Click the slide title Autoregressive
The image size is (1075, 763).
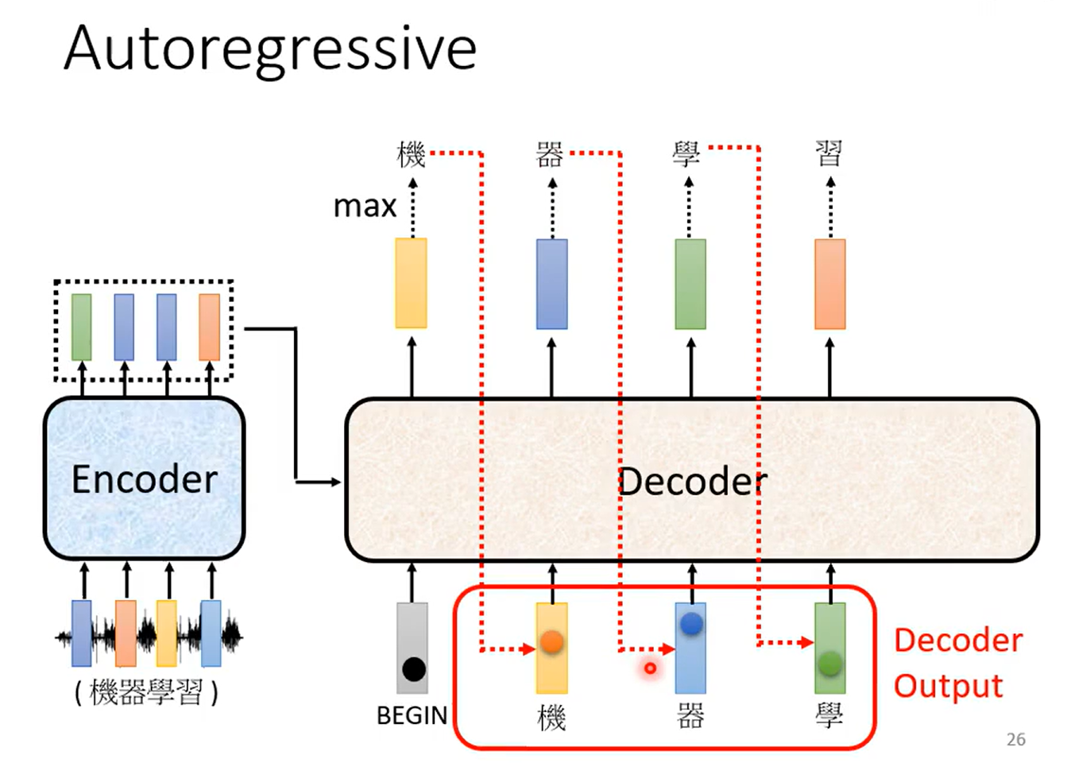click(270, 49)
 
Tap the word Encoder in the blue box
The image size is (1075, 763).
click(145, 479)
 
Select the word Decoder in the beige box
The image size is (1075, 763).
click(692, 482)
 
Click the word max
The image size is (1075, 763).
click(365, 206)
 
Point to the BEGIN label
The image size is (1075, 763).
click(412, 715)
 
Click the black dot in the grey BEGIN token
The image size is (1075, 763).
click(413, 669)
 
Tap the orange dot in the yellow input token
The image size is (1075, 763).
click(551, 641)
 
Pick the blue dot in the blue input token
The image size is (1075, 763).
click(691, 624)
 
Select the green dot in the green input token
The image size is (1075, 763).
click(829, 662)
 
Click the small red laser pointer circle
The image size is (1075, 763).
click(650, 668)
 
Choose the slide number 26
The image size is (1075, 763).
click(1015, 739)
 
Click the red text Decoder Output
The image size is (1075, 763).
click(957, 663)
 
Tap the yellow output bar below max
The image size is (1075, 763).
click(411, 283)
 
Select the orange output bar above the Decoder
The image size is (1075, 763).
click(829, 284)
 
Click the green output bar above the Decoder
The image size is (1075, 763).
click(690, 284)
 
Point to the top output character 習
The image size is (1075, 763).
click(829, 153)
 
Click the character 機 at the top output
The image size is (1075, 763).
click(412, 153)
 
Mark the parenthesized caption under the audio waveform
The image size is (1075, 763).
click(146, 692)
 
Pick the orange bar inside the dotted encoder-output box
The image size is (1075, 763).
click(209, 327)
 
